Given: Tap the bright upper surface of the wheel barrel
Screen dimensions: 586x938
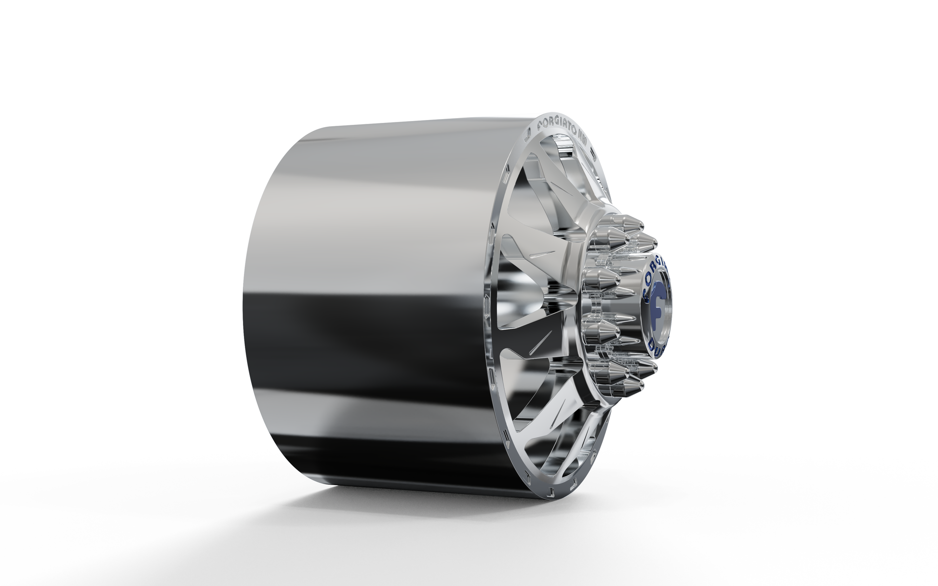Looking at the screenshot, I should tap(386, 173).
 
